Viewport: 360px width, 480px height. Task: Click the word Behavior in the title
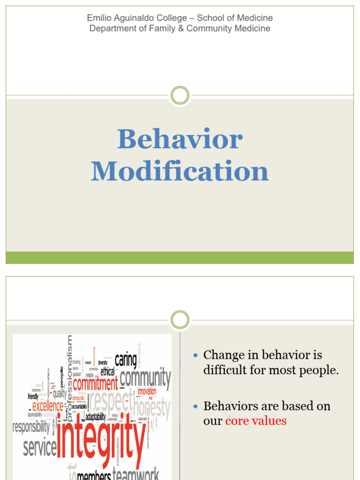coord(180,140)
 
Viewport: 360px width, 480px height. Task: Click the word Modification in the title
coord(180,172)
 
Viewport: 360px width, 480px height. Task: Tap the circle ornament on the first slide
coord(180,96)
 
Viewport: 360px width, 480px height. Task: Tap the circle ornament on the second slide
coord(180,320)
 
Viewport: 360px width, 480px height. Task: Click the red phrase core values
coord(256,421)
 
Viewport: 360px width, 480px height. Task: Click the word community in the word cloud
coord(145,377)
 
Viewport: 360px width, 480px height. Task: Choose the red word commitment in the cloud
coord(95,384)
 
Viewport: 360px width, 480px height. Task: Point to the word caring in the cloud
coord(126,360)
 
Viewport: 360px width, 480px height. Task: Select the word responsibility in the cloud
coord(31,427)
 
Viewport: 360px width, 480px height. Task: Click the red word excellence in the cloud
coord(47,406)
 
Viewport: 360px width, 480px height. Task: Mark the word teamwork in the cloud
coord(136,474)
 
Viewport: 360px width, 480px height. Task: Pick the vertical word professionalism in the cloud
coord(70,375)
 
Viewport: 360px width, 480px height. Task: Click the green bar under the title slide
coord(180,257)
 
